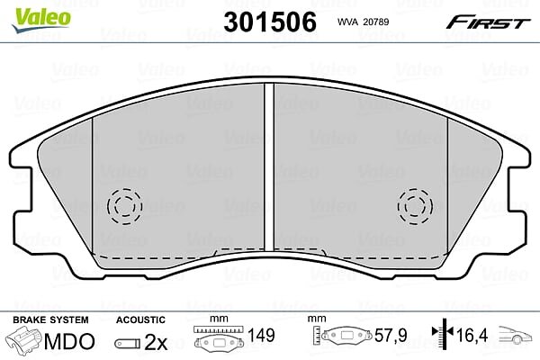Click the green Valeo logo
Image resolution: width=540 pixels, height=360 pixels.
(x=41, y=20)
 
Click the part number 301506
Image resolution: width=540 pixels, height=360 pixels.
(x=270, y=22)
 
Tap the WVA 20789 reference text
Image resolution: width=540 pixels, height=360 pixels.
(x=363, y=22)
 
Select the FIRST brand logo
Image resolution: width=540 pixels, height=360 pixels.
(x=488, y=22)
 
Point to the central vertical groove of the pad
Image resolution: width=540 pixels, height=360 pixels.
(x=269, y=167)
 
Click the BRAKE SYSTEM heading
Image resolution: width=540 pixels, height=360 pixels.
(x=50, y=319)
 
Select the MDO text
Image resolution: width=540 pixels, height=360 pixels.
(x=69, y=341)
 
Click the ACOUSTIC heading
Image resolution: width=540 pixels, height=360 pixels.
(x=140, y=319)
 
